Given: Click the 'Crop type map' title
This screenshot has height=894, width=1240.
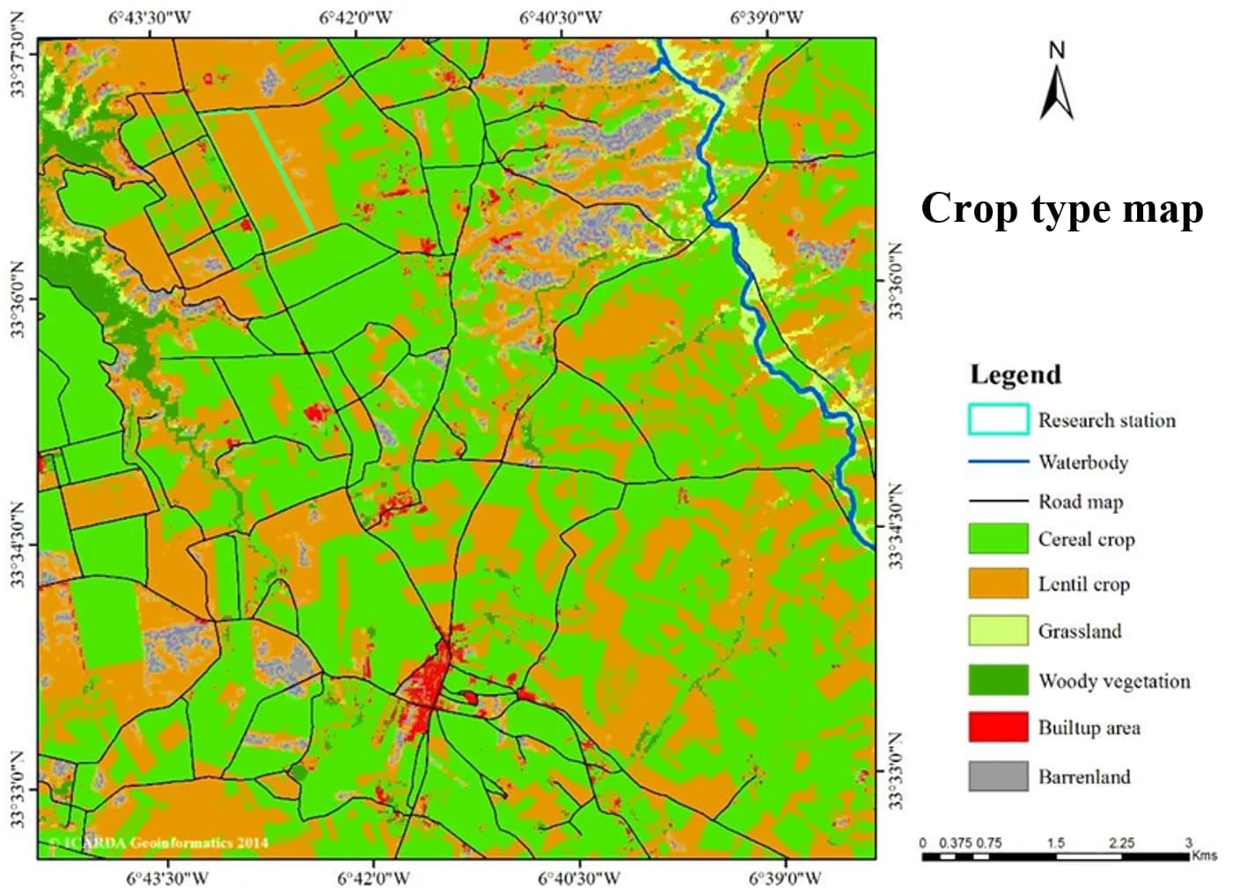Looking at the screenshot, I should [x=1061, y=209].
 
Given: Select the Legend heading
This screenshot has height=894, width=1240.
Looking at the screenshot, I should [x=1015, y=374].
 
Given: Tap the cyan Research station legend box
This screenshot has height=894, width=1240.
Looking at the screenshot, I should [x=998, y=420].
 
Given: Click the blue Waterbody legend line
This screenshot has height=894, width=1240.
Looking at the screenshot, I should [x=998, y=461].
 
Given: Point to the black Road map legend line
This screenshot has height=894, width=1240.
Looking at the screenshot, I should [x=998, y=502].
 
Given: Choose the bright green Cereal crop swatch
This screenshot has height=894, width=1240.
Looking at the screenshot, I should [x=998, y=539].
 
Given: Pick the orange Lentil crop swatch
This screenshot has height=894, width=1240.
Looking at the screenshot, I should [x=998, y=583].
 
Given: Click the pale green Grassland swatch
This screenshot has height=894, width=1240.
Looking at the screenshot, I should [x=998, y=630].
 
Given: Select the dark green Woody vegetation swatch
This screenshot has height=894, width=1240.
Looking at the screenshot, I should [x=998, y=680].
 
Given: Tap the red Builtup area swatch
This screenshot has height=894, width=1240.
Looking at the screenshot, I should [x=998, y=727].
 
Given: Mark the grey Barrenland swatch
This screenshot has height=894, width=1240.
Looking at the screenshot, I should [x=998, y=776].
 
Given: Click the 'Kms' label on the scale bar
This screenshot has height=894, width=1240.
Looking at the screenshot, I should [x=1204, y=855].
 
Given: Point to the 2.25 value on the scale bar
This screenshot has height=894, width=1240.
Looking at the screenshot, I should [x=1121, y=843].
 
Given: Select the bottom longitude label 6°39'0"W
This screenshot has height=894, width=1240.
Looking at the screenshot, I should [x=785, y=878].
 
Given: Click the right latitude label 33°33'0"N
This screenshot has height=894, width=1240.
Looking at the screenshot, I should [x=896, y=771].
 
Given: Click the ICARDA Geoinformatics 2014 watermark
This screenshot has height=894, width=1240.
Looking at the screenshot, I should [x=158, y=843].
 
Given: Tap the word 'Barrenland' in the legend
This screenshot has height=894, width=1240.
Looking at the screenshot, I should [x=1083, y=776].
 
